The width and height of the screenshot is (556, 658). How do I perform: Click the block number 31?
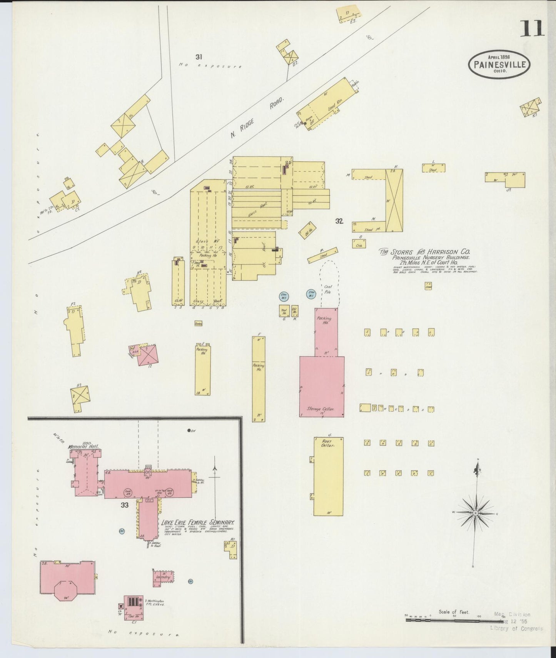coord(199,57)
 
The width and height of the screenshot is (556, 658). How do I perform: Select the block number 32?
coord(339,221)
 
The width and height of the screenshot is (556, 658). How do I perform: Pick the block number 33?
coord(124,505)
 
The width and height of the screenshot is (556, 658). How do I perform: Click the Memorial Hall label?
coord(83,447)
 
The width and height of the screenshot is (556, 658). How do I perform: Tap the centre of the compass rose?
coord(476,513)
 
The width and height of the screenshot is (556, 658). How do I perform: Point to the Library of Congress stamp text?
coord(516,629)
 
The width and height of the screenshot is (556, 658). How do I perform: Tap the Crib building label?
coord(359,244)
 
